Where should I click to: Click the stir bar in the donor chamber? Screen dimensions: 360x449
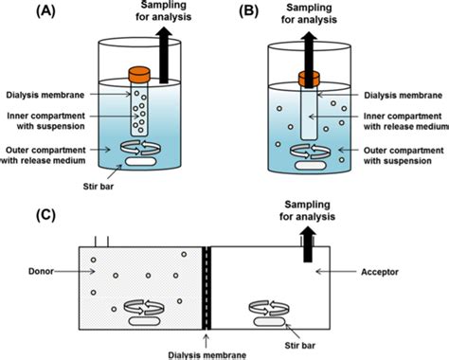coord(145,320)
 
